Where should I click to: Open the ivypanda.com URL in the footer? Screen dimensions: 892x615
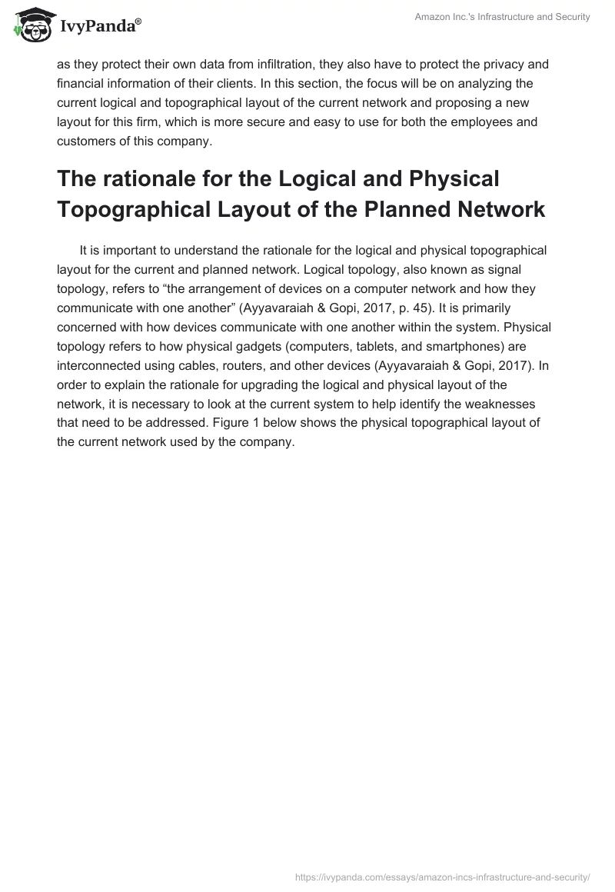click(443, 876)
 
